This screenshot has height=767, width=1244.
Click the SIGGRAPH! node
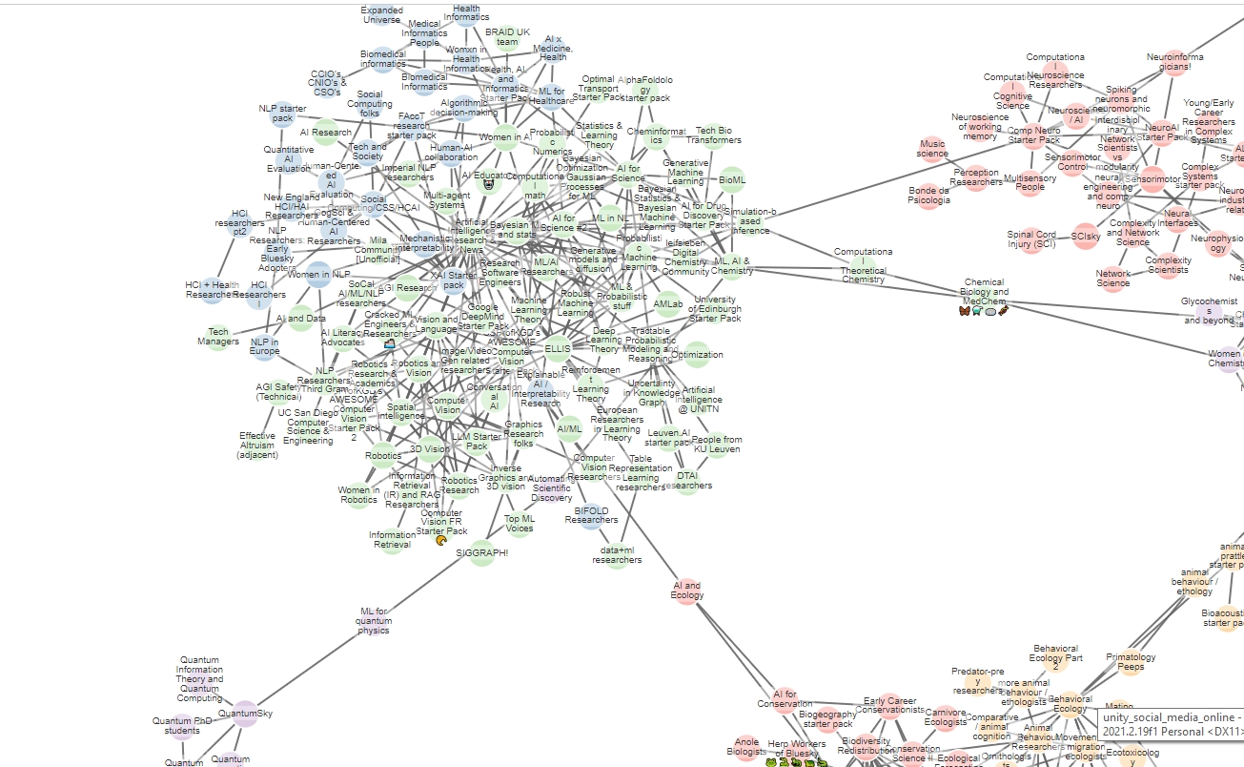pos(481,552)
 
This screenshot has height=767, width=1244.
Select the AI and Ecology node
pos(687,591)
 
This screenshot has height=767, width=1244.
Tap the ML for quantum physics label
pos(375,620)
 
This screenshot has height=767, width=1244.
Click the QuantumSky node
pos(245,715)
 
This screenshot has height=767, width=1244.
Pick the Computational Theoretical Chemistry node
pos(863,266)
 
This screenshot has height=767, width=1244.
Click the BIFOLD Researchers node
pos(591,516)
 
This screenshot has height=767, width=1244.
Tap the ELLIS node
pos(558,349)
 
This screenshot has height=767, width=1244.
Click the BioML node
pos(732,178)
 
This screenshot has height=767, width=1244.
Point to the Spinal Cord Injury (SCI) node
pos(1030,240)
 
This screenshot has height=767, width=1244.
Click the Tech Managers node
pos(218,336)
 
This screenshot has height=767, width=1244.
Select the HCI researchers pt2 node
pos(239,223)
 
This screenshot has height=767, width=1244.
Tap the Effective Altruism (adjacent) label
pos(257,446)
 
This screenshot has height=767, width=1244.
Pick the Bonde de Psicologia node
pos(929,196)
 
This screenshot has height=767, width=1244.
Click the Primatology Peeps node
pos(1130,662)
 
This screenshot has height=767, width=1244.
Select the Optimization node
pos(697,355)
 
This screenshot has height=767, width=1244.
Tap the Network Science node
pos(1112,279)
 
